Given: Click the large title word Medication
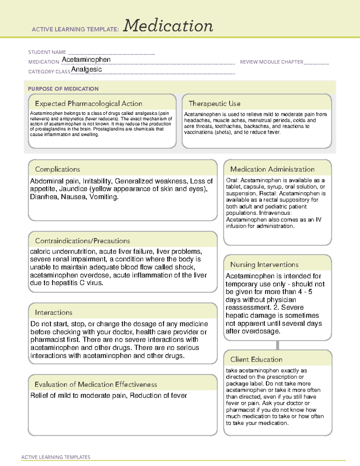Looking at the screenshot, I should point(168,26).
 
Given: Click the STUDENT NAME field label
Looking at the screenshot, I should point(47,52).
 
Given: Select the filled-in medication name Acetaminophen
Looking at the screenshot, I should point(86,60).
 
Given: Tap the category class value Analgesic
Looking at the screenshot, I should point(86,69).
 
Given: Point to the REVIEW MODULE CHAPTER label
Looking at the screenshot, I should point(271,62).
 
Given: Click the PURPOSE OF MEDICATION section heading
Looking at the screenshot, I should point(63,89).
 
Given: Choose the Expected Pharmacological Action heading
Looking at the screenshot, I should point(88,104).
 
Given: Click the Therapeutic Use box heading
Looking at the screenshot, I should point(214,104).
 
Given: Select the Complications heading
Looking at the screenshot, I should point(58,169).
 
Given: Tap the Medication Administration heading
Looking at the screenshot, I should point(272,169).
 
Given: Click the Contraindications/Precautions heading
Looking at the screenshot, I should point(82,241).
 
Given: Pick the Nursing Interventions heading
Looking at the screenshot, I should point(264,264).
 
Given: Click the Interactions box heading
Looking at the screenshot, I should point(54,312).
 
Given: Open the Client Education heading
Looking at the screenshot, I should point(256,359).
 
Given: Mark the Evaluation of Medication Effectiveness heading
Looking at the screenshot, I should point(96,384).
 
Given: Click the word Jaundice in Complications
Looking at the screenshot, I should point(73,189).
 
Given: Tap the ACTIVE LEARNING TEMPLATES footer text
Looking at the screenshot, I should point(56,457).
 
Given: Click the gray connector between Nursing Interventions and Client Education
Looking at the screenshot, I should point(277,345).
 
